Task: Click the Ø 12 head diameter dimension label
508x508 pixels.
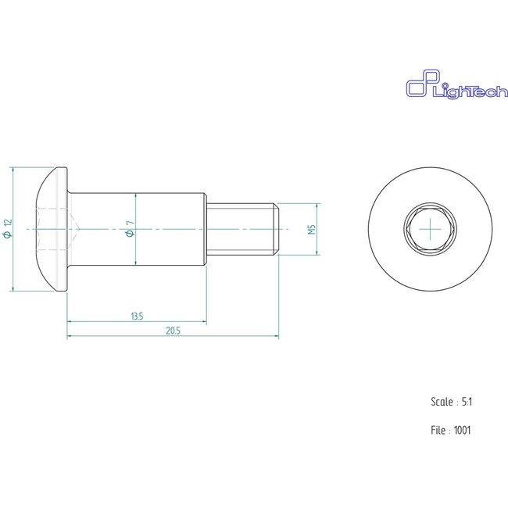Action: pyautogui.click(x=8, y=229)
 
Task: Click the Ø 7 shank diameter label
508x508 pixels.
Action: pyautogui.click(x=130, y=229)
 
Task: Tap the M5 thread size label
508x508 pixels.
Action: pyautogui.click(x=312, y=229)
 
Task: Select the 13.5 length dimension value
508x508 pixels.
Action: pyautogui.click(x=137, y=317)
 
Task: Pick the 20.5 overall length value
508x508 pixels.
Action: pyautogui.click(x=173, y=331)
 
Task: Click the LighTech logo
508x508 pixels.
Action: pyautogui.click(x=457, y=84)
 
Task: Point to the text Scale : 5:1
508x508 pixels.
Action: pyautogui.click(x=451, y=402)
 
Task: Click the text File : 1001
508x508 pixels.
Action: pyautogui.click(x=451, y=431)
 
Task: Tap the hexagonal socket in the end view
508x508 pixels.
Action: pyautogui.click(x=431, y=229)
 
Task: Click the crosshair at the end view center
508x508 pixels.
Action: pyautogui.click(x=431, y=229)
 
